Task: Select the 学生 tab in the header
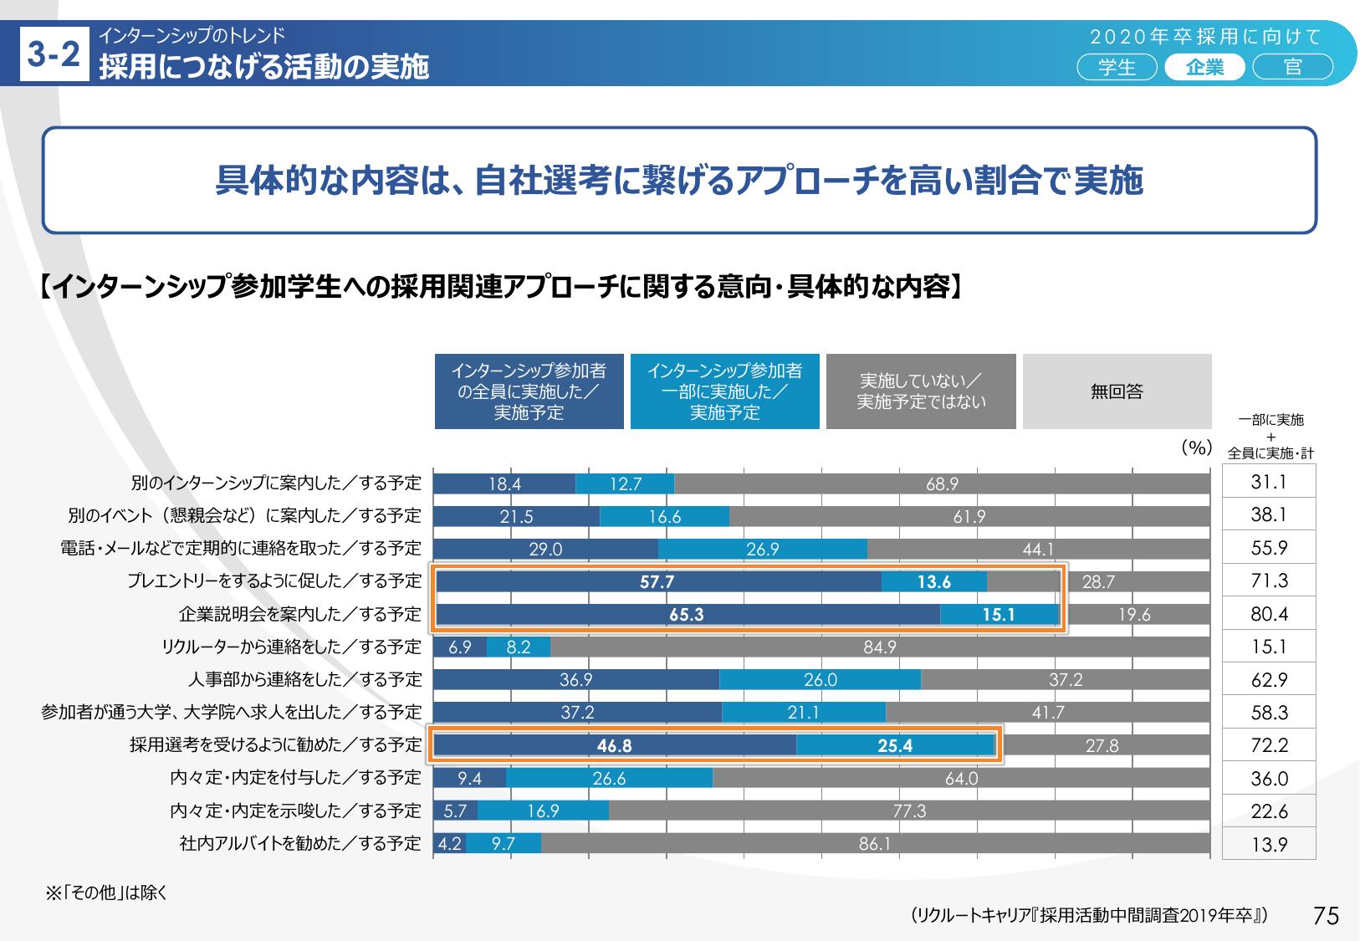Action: coord(1117,67)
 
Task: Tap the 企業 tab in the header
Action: coord(1204,67)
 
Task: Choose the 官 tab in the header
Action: coord(1292,67)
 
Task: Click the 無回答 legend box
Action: coord(1117,391)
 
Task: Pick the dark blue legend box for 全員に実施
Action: coord(529,391)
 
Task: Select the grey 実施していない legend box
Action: coord(921,391)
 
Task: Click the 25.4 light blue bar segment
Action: coord(895,746)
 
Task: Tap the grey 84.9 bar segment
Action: coord(880,647)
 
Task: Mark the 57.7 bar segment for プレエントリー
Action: coord(658,582)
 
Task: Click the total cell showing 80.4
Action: coord(1269,615)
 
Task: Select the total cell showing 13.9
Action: coord(1269,845)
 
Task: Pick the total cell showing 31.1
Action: coord(1269,483)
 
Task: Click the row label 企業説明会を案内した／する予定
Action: coord(299,615)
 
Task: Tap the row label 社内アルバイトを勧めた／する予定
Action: coord(299,844)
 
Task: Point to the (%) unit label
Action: coord(1196,448)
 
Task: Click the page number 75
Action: coord(1326,916)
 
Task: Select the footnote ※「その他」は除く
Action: coord(106,893)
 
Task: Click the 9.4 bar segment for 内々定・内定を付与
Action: coord(469,779)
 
